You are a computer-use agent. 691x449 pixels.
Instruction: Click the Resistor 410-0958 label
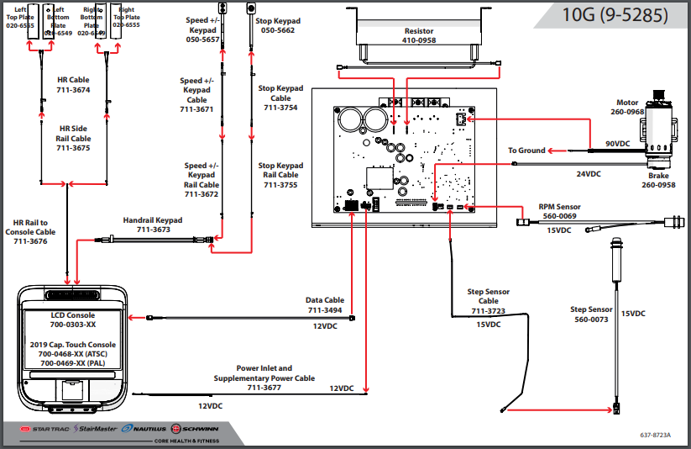[419, 35]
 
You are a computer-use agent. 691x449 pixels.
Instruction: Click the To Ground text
[526, 151]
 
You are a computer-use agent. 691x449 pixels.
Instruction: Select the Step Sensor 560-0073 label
[591, 314]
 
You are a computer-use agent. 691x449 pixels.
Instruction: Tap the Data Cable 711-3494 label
[326, 304]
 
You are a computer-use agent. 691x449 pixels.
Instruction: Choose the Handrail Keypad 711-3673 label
[153, 225]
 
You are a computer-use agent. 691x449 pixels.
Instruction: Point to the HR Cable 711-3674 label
[74, 85]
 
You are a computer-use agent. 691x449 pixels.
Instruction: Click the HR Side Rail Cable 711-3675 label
[74, 139]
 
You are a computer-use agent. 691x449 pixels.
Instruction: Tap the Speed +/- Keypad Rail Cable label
[202, 180]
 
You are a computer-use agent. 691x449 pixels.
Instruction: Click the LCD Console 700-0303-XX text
[73, 319]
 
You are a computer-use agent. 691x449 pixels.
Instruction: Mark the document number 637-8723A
[657, 435]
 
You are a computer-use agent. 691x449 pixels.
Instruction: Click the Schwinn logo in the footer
[196, 429]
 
